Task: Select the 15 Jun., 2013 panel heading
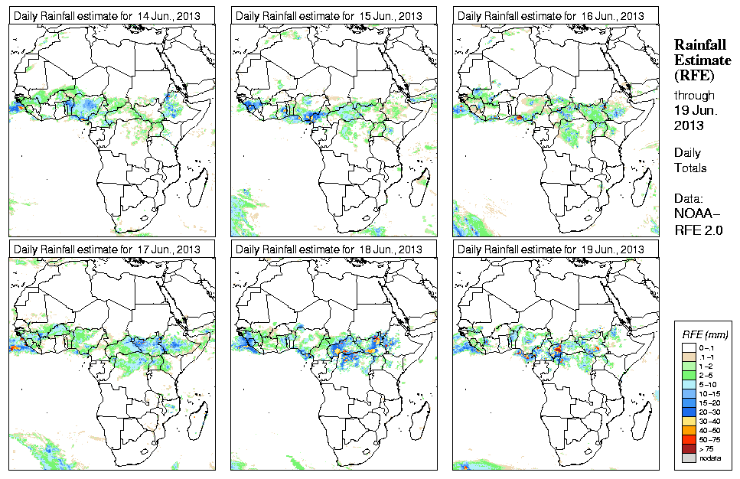click(x=329, y=16)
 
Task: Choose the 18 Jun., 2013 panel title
click(x=329, y=249)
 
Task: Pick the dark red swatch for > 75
click(x=688, y=448)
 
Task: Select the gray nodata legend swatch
click(x=688, y=458)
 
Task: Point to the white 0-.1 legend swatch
click(x=688, y=347)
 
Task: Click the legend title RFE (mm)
click(x=705, y=335)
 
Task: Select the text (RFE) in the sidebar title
click(x=693, y=75)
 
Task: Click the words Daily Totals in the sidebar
click(x=690, y=160)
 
